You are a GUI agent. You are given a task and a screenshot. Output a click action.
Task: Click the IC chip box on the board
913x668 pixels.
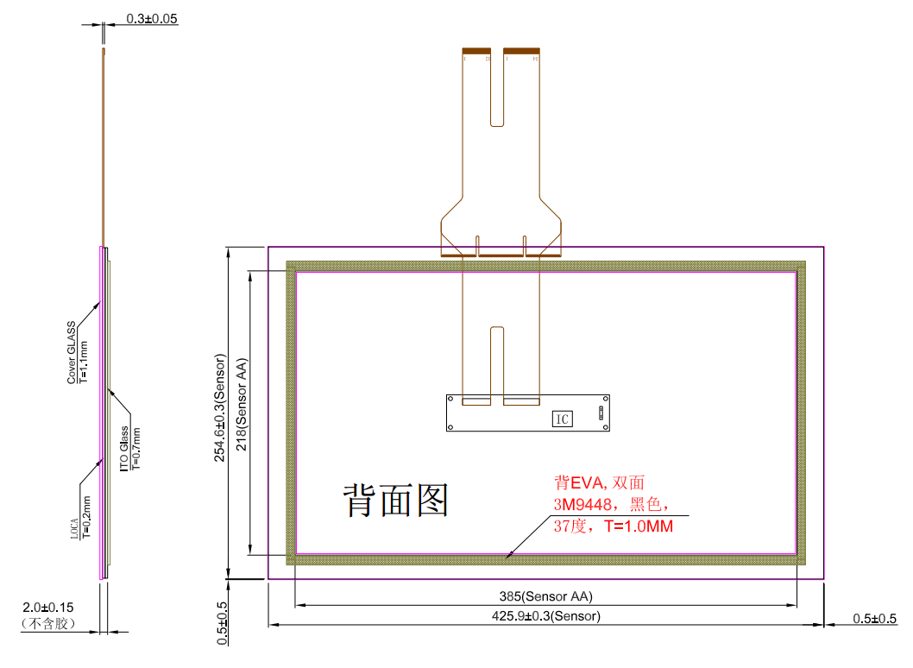click(x=562, y=419)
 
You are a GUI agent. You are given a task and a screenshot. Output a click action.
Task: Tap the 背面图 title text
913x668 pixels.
click(x=397, y=500)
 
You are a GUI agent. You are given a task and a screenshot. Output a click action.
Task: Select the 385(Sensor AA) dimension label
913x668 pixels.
click(x=546, y=596)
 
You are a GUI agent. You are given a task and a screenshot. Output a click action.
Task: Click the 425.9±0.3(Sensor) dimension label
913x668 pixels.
click(x=545, y=616)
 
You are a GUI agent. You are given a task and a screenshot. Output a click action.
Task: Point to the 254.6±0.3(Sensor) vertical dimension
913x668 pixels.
click(x=220, y=407)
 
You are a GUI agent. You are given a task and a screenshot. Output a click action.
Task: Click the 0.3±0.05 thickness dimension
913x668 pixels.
click(x=152, y=18)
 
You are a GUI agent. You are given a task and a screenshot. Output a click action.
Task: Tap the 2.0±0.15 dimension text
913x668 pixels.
click(x=49, y=608)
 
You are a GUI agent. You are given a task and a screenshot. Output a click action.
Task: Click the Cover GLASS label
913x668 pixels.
click(x=72, y=353)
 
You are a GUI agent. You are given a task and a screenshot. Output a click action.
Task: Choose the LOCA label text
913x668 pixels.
click(x=75, y=527)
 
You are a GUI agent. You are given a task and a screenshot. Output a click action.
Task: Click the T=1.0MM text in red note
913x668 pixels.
click(x=639, y=526)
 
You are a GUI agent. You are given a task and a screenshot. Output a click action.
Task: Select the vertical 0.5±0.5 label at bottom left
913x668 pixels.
click(x=223, y=622)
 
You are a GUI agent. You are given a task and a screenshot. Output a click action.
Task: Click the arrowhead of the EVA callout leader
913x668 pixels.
click(x=510, y=557)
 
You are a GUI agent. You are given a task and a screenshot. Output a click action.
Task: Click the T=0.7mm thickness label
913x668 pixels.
click(x=136, y=447)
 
